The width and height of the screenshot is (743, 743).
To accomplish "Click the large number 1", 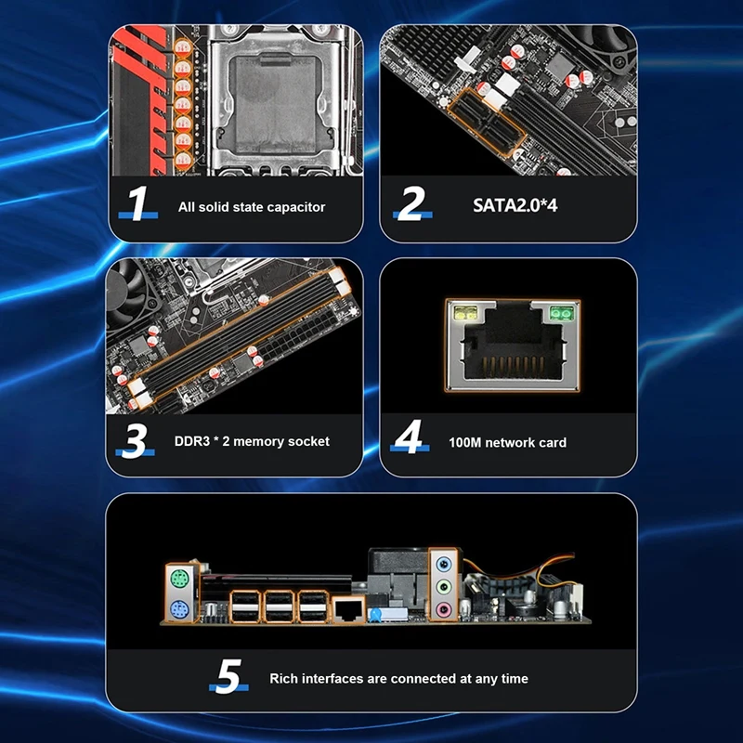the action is pyautogui.click(x=138, y=202).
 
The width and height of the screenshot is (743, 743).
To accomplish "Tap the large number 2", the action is pyautogui.click(x=411, y=202).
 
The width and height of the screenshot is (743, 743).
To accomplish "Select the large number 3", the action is pyautogui.click(x=135, y=440).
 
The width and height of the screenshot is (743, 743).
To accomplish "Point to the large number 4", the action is pyautogui.click(x=409, y=437).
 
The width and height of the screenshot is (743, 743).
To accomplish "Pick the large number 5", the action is pyautogui.click(x=228, y=676).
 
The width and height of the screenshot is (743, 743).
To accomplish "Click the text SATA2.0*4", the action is pyautogui.click(x=515, y=205).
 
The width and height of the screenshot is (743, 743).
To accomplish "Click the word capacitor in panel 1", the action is pyautogui.click(x=296, y=207).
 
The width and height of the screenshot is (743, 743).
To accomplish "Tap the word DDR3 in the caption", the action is pyautogui.click(x=192, y=441).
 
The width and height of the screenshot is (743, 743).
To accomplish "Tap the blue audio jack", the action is pyautogui.click(x=444, y=565).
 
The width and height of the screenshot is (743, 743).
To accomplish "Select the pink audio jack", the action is pyautogui.click(x=444, y=609).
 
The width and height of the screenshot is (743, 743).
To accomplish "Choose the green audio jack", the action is pyautogui.click(x=444, y=587).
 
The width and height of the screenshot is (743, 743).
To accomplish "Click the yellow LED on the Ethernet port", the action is pyautogui.click(x=466, y=313).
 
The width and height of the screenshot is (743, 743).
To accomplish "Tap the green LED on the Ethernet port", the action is pyautogui.click(x=562, y=313).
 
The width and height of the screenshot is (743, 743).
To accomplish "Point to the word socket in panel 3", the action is pyautogui.click(x=308, y=442).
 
